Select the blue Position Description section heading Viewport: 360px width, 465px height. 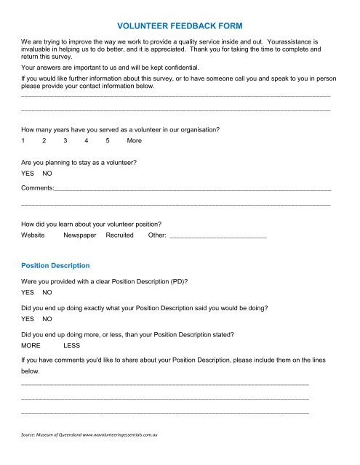point(56,265)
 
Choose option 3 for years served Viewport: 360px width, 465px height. point(65,140)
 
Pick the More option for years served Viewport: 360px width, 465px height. point(134,140)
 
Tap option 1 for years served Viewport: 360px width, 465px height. point(24,140)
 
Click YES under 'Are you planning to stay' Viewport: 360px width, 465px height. point(29,174)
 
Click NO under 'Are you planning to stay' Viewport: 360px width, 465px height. point(47,174)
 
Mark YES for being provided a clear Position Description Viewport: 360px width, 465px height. point(29,292)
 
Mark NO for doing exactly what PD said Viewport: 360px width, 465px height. point(47,319)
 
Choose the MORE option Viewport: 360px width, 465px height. point(31,346)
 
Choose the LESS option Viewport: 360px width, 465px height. point(72,346)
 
